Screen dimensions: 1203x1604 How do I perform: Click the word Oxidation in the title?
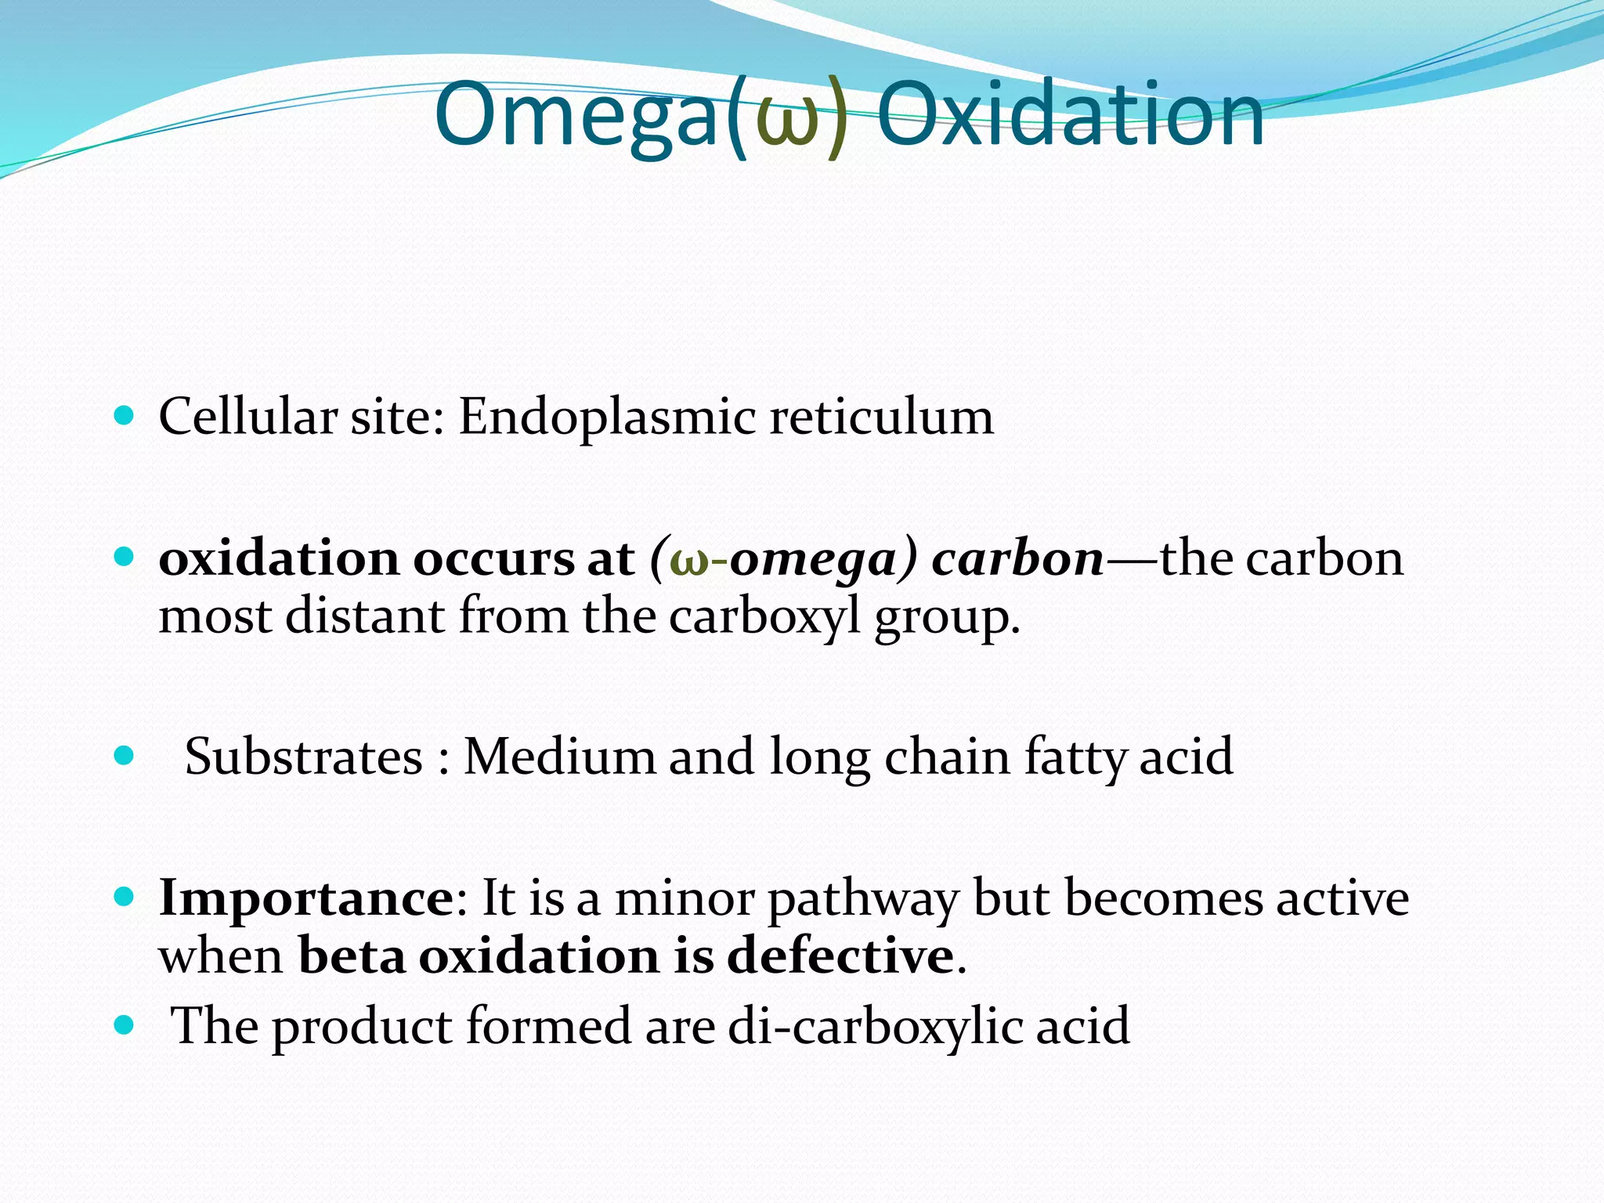tap(1070, 116)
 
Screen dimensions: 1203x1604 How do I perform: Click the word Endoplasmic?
tap(607, 417)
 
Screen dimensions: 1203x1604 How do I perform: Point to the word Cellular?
tap(247, 417)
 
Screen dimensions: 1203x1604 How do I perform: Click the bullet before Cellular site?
tap(124, 414)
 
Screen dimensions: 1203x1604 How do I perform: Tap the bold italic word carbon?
tap(1017, 559)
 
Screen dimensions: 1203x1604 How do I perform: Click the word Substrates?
tap(304, 757)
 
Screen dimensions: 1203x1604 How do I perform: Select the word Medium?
tap(559, 757)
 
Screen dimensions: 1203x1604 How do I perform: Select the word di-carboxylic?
tap(875, 1026)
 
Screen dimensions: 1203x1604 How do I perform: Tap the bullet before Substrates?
tap(124, 756)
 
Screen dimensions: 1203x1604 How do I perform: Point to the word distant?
tap(364, 616)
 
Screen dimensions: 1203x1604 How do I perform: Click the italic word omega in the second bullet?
tap(811, 561)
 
